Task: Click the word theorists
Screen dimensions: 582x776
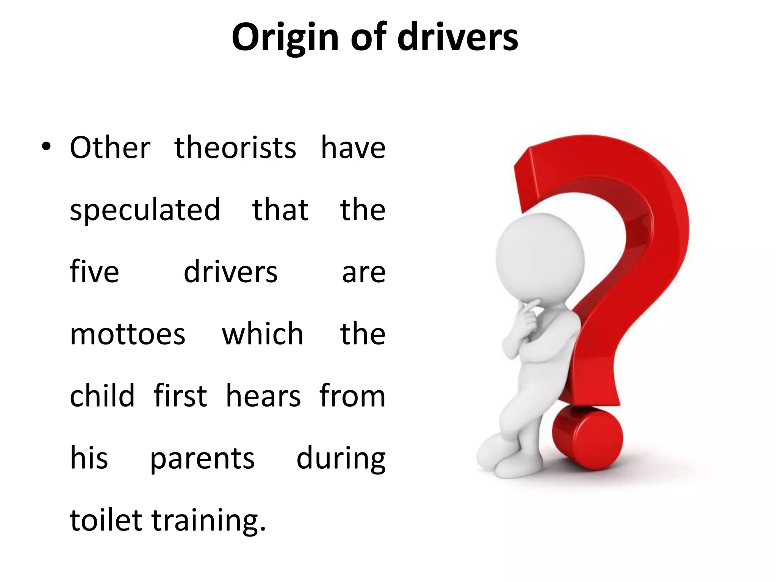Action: coord(235,148)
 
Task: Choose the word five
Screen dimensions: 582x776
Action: coord(94,272)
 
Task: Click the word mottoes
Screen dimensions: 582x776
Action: coord(128,334)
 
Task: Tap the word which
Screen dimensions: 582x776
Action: coord(263,334)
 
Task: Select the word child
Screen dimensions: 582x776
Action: coord(102,396)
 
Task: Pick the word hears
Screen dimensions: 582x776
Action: coord(263,396)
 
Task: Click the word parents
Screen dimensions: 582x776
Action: coord(202,458)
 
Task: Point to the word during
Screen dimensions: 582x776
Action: coord(341,458)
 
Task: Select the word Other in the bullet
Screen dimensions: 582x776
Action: coord(110,148)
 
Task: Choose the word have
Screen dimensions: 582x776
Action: coord(353,148)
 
